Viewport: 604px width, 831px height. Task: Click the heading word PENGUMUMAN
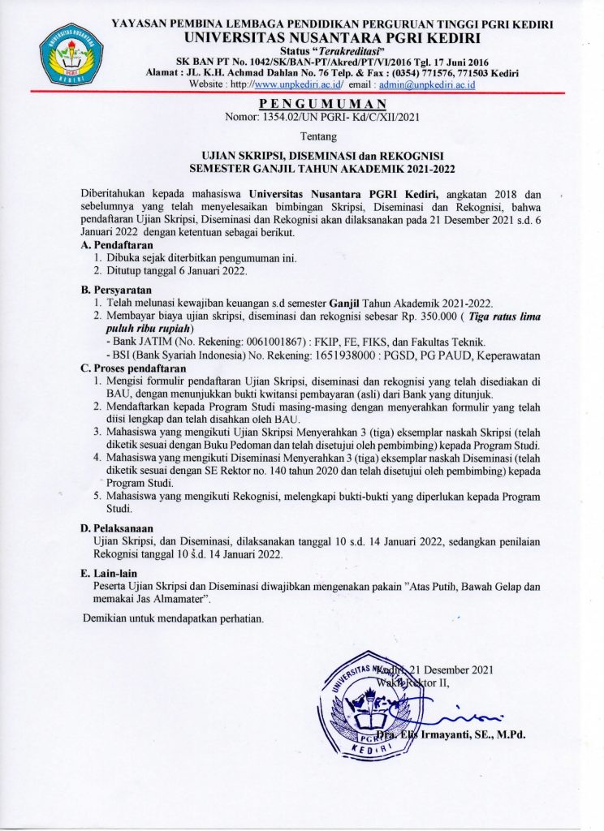322,105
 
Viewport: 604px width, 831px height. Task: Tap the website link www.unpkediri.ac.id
298,84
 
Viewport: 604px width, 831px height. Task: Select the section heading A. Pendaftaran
116,245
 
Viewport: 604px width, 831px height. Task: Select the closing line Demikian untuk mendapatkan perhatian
174,619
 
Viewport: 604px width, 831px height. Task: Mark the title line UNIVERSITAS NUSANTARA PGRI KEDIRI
334,37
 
